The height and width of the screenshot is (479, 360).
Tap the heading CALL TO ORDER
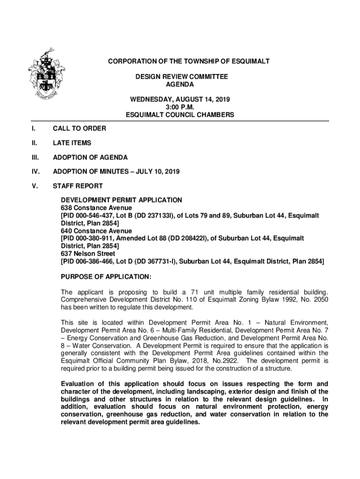(79, 128)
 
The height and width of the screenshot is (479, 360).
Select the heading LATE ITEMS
(72, 143)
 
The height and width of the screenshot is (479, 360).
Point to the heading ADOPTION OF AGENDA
(90, 157)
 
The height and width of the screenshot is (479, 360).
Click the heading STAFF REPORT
(78, 186)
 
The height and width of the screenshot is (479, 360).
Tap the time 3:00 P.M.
(180, 107)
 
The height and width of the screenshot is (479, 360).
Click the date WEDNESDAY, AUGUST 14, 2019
(180, 100)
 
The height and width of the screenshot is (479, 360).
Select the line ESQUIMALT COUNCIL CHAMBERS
(180, 115)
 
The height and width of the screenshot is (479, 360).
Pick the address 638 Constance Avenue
(96, 208)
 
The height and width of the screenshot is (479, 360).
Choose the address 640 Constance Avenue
(96, 231)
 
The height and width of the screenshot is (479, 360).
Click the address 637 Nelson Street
(88, 254)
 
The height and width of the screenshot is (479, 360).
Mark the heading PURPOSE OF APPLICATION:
(106, 277)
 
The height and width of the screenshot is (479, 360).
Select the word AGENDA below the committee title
(180, 84)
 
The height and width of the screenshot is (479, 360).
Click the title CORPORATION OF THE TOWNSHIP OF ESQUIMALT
(189, 62)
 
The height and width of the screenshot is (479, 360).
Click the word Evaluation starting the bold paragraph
(79, 384)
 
